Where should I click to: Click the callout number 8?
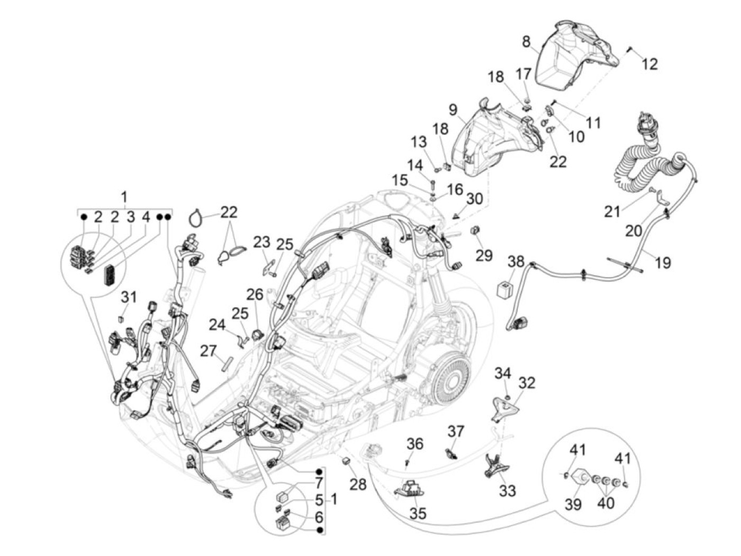tap(526, 42)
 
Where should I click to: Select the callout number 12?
tap(650, 64)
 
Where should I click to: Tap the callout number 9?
tap(453, 110)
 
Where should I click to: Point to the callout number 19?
tap(662, 262)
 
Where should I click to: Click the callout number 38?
tap(516, 262)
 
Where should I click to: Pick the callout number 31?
tap(129, 297)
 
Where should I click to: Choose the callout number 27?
tap(209, 350)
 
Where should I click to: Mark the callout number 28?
tap(358, 483)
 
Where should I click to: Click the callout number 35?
tap(418, 513)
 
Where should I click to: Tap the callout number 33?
tap(507, 491)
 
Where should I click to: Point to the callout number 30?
tap(475, 199)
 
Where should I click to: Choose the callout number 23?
tap(261, 243)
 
